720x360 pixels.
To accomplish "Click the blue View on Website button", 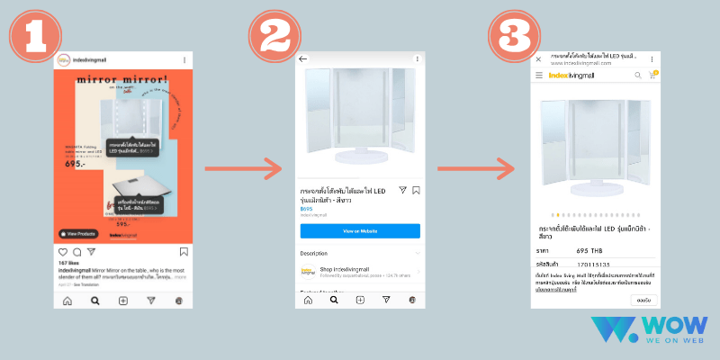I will (x=360, y=231).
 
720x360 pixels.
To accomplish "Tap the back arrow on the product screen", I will (x=303, y=58).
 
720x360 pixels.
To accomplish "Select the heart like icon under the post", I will (x=63, y=252).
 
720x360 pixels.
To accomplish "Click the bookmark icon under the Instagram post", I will (x=184, y=252).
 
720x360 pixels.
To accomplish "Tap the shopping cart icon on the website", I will (x=652, y=76).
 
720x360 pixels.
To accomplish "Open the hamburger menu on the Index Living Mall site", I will (x=539, y=76).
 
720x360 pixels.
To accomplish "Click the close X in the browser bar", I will (x=538, y=59).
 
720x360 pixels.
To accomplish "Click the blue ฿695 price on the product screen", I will (x=306, y=208).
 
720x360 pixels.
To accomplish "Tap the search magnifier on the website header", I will (x=637, y=76).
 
